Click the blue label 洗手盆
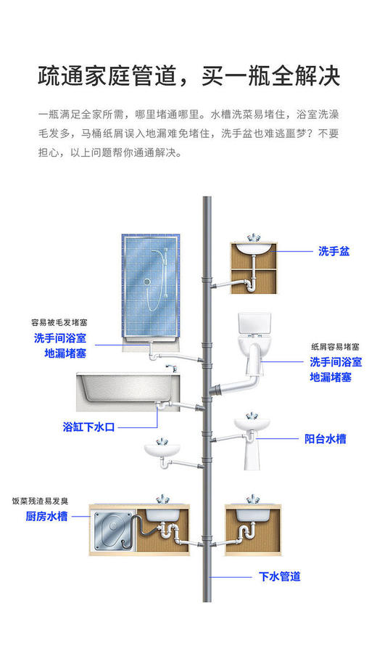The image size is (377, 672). click(333, 251)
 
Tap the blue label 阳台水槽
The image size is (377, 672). click(325, 439)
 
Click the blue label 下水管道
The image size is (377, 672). click(279, 577)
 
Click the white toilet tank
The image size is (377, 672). click(254, 324)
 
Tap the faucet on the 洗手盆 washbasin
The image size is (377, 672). click(253, 238)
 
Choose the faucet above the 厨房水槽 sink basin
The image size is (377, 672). click(160, 501)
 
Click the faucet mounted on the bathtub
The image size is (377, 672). click(172, 369)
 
